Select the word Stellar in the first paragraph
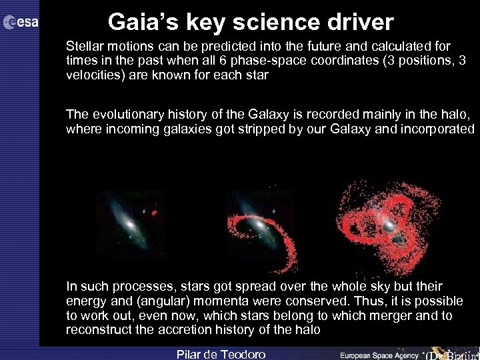(83, 47)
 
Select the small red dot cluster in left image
(155, 214)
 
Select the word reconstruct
(95, 330)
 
